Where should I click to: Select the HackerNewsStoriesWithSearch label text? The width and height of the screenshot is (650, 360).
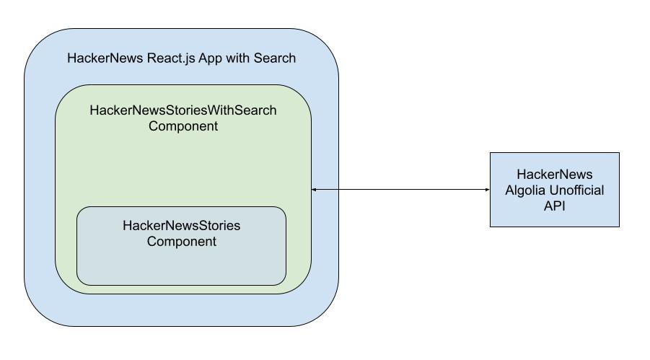tap(183, 111)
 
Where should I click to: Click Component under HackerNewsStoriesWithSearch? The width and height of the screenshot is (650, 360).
tap(183, 126)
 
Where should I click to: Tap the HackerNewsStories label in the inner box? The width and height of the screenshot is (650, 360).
tap(181, 226)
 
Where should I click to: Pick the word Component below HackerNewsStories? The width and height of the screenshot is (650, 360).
tap(181, 242)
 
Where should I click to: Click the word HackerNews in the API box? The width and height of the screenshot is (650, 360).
tap(554, 175)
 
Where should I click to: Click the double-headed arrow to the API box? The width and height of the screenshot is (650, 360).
tap(400, 190)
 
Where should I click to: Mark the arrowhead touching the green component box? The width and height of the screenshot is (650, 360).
tap(315, 190)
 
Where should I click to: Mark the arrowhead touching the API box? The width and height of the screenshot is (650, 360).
tap(487, 190)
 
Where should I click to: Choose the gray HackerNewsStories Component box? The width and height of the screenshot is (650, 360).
tap(181, 267)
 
